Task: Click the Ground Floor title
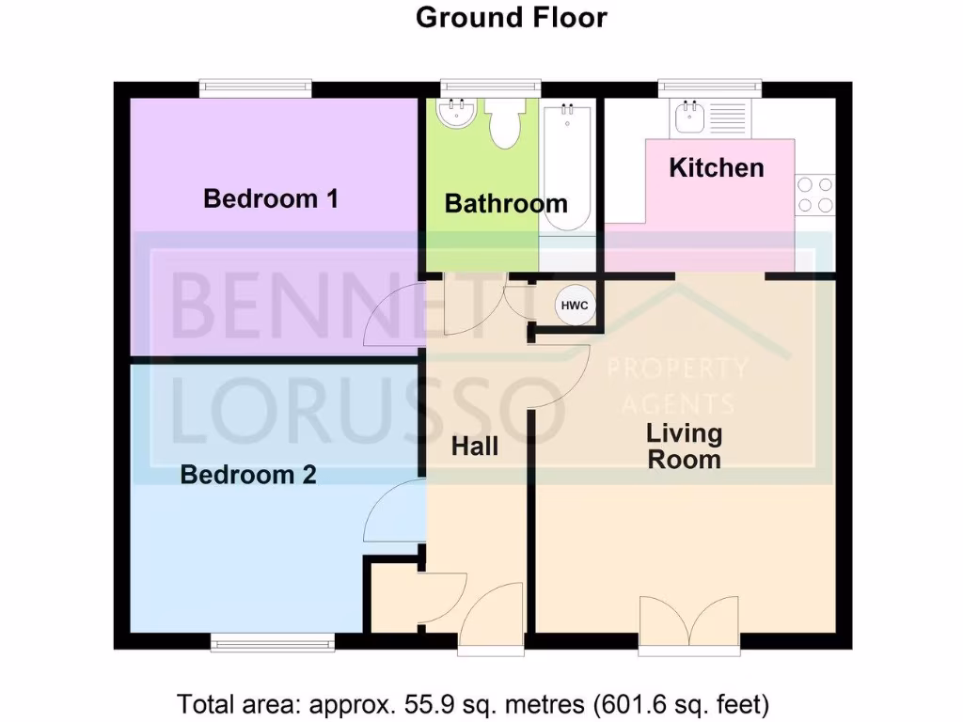tap(512, 17)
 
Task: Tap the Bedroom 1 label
tap(271, 198)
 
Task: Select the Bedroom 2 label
tap(248, 475)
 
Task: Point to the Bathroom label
tap(505, 203)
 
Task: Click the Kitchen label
tap(716, 168)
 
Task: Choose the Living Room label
tap(684, 447)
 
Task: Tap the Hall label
tap(475, 447)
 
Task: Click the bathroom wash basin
tap(457, 117)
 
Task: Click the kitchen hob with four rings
tap(814, 195)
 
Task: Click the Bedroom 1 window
tap(256, 89)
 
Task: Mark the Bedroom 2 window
tap(272, 643)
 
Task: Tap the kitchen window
tap(709, 89)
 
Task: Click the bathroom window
tap(491, 89)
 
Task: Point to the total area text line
tap(474, 702)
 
